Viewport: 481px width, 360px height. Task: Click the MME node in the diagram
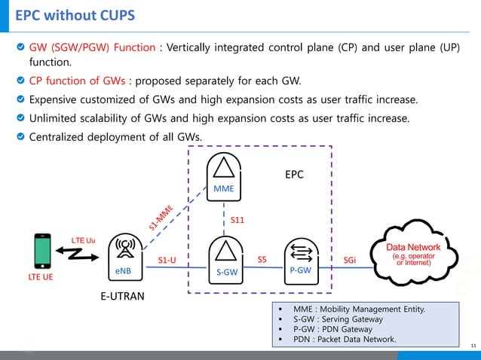[x=224, y=175]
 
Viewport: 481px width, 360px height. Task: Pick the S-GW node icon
[x=223, y=260]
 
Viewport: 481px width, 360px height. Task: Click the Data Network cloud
[x=414, y=253]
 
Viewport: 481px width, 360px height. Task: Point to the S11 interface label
[x=237, y=220]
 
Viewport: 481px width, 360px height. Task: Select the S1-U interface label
[x=167, y=261]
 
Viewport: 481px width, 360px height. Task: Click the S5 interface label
[x=262, y=259]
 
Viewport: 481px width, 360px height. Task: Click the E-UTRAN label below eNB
[x=122, y=297]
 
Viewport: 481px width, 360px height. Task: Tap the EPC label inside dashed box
[x=295, y=174]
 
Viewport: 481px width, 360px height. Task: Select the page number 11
[x=473, y=345]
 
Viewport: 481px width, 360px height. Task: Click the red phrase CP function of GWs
[x=78, y=81]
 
